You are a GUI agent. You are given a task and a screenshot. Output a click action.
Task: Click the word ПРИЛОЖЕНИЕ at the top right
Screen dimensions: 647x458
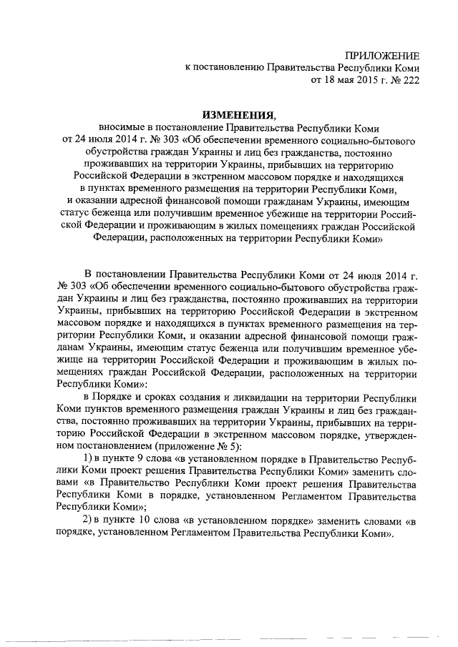(x=383, y=56)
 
